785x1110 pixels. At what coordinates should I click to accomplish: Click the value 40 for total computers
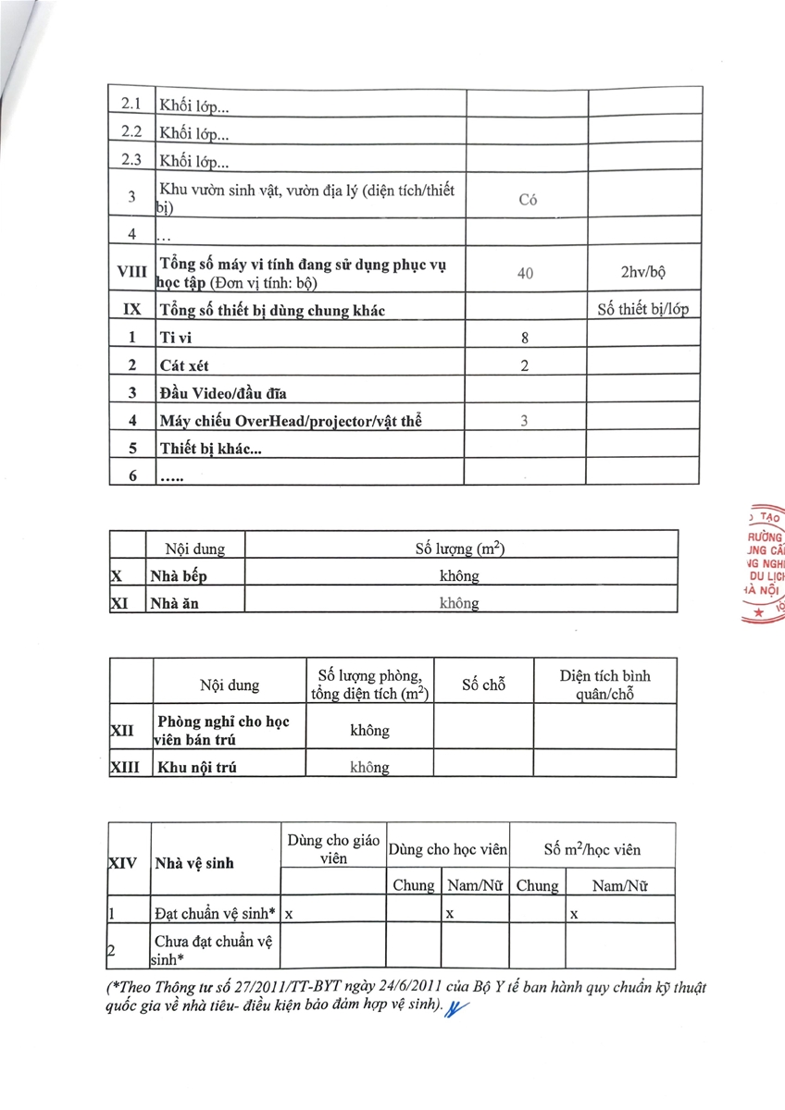tap(525, 274)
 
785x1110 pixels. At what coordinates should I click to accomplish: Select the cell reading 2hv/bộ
tap(644, 273)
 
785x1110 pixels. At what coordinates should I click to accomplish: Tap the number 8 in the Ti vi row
tap(525, 339)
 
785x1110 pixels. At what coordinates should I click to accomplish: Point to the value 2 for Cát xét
tap(525, 365)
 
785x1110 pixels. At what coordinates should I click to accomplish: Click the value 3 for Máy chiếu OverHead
tap(525, 421)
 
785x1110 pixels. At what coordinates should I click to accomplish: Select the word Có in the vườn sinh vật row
tap(528, 199)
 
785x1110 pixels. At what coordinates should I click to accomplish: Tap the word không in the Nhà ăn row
tap(460, 603)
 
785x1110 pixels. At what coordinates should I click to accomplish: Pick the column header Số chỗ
tap(483, 685)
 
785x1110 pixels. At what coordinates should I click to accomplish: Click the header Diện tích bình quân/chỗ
tap(604, 684)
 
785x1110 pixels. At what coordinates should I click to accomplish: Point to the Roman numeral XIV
tap(123, 863)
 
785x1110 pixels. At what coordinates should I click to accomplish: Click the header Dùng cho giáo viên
tap(333, 848)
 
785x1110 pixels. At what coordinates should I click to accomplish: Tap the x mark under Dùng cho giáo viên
tap(289, 913)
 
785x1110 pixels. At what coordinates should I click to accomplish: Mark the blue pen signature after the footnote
tap(457, 1009)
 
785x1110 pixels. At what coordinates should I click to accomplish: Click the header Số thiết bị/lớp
tap(643, 310)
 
